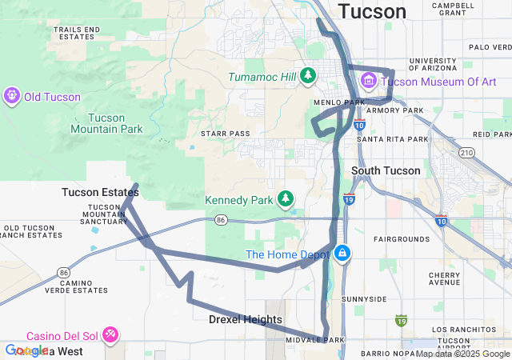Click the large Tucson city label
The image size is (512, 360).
point(372,11)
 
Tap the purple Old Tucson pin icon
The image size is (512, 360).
point(11,97)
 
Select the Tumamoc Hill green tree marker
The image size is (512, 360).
point(308,76)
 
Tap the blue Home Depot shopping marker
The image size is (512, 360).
point(342,254)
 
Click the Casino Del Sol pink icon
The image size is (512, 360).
point(111,334)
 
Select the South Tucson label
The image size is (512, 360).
point(381,170)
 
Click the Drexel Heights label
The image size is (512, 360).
point(246,319)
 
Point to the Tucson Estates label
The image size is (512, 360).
point(100,192)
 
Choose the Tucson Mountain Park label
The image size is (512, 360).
point(106,122)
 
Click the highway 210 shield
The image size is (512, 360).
point(466,152)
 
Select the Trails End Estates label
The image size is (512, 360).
point(77,33)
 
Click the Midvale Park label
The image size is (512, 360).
point(314,340)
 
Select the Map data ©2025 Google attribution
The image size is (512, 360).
point(462,354)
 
